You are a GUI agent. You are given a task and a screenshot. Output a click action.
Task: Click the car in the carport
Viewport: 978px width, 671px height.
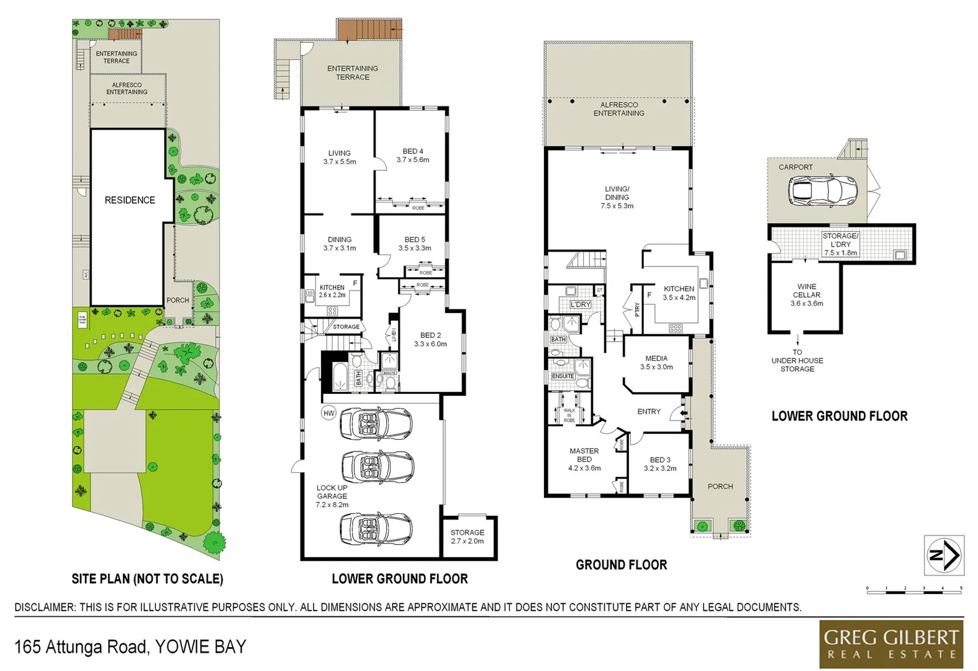tap(822, 190)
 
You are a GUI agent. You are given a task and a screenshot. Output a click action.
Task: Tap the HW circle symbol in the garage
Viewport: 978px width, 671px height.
tap(328, 413)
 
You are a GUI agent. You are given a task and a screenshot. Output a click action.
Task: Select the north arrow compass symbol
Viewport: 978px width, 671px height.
tap(944, 554)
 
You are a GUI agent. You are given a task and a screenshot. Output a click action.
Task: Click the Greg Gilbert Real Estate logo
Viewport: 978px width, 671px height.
tap(890, 644)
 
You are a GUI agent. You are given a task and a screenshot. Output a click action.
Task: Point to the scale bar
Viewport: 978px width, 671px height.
tap(914, 591)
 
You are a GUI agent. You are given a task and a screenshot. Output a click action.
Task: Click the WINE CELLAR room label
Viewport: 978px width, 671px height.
tap(807, 291)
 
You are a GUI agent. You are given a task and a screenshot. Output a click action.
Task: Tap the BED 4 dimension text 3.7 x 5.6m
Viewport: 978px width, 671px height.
tap(413, 160)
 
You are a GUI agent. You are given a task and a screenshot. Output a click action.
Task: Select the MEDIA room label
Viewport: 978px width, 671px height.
tap(656, 358)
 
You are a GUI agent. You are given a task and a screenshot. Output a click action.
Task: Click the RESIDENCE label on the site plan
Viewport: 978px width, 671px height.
tap(130, 200)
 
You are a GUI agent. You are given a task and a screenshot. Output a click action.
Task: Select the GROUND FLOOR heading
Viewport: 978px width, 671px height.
tap(621, 565)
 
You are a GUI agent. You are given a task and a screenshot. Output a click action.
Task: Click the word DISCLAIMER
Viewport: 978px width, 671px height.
tap(43, 608)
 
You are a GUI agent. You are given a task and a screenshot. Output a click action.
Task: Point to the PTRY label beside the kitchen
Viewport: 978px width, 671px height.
tap(637, 309)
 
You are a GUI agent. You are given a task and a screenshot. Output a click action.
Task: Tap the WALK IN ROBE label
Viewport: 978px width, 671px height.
tap(569, 415)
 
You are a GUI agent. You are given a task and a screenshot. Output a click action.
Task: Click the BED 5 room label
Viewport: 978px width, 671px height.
tap(415, 239)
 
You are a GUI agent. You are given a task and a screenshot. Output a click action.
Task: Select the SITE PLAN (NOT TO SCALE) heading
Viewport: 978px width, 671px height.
tap(147, 579)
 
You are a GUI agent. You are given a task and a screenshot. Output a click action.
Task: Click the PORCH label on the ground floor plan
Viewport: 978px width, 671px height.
tap(720, 486)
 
